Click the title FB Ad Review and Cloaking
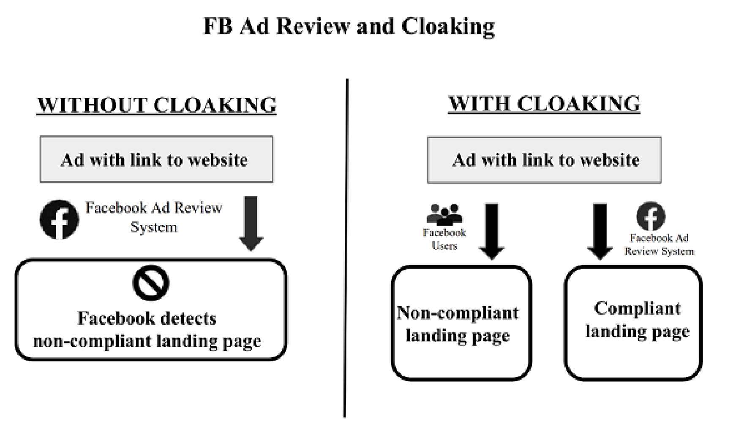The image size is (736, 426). pyautogui.click(x=349, y=26)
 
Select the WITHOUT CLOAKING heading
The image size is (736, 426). pyautogui.click(x=157, y=105)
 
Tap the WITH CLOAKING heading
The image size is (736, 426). pyautogui.click(x=544, y=104)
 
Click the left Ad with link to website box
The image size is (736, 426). pyautogui.click(x=156, y=159)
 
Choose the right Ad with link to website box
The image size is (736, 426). pyautogui.click(x=544, y=160)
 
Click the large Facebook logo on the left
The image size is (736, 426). pyautogui.click(x=59, y=219)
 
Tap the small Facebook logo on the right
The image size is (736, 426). pyautogui.click(x=651, y=216)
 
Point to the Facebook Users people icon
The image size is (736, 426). pyautogui.click(x=444, y=214)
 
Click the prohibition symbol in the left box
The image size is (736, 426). pyautogui.click(x=151, y=283)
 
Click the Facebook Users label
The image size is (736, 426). pyautogui.click(x=444, y=239)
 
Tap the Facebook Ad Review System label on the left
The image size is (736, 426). pyautogui.click(x=154, y=217)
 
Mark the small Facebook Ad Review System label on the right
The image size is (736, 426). pyautogui.click(x=659, y=245)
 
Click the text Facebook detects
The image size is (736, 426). pyautogui.click(x=147, y=318)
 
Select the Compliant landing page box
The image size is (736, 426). pyautogui.click(x=633, y=323)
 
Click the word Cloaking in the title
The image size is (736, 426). pyautogui.click(x=447, y=26)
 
